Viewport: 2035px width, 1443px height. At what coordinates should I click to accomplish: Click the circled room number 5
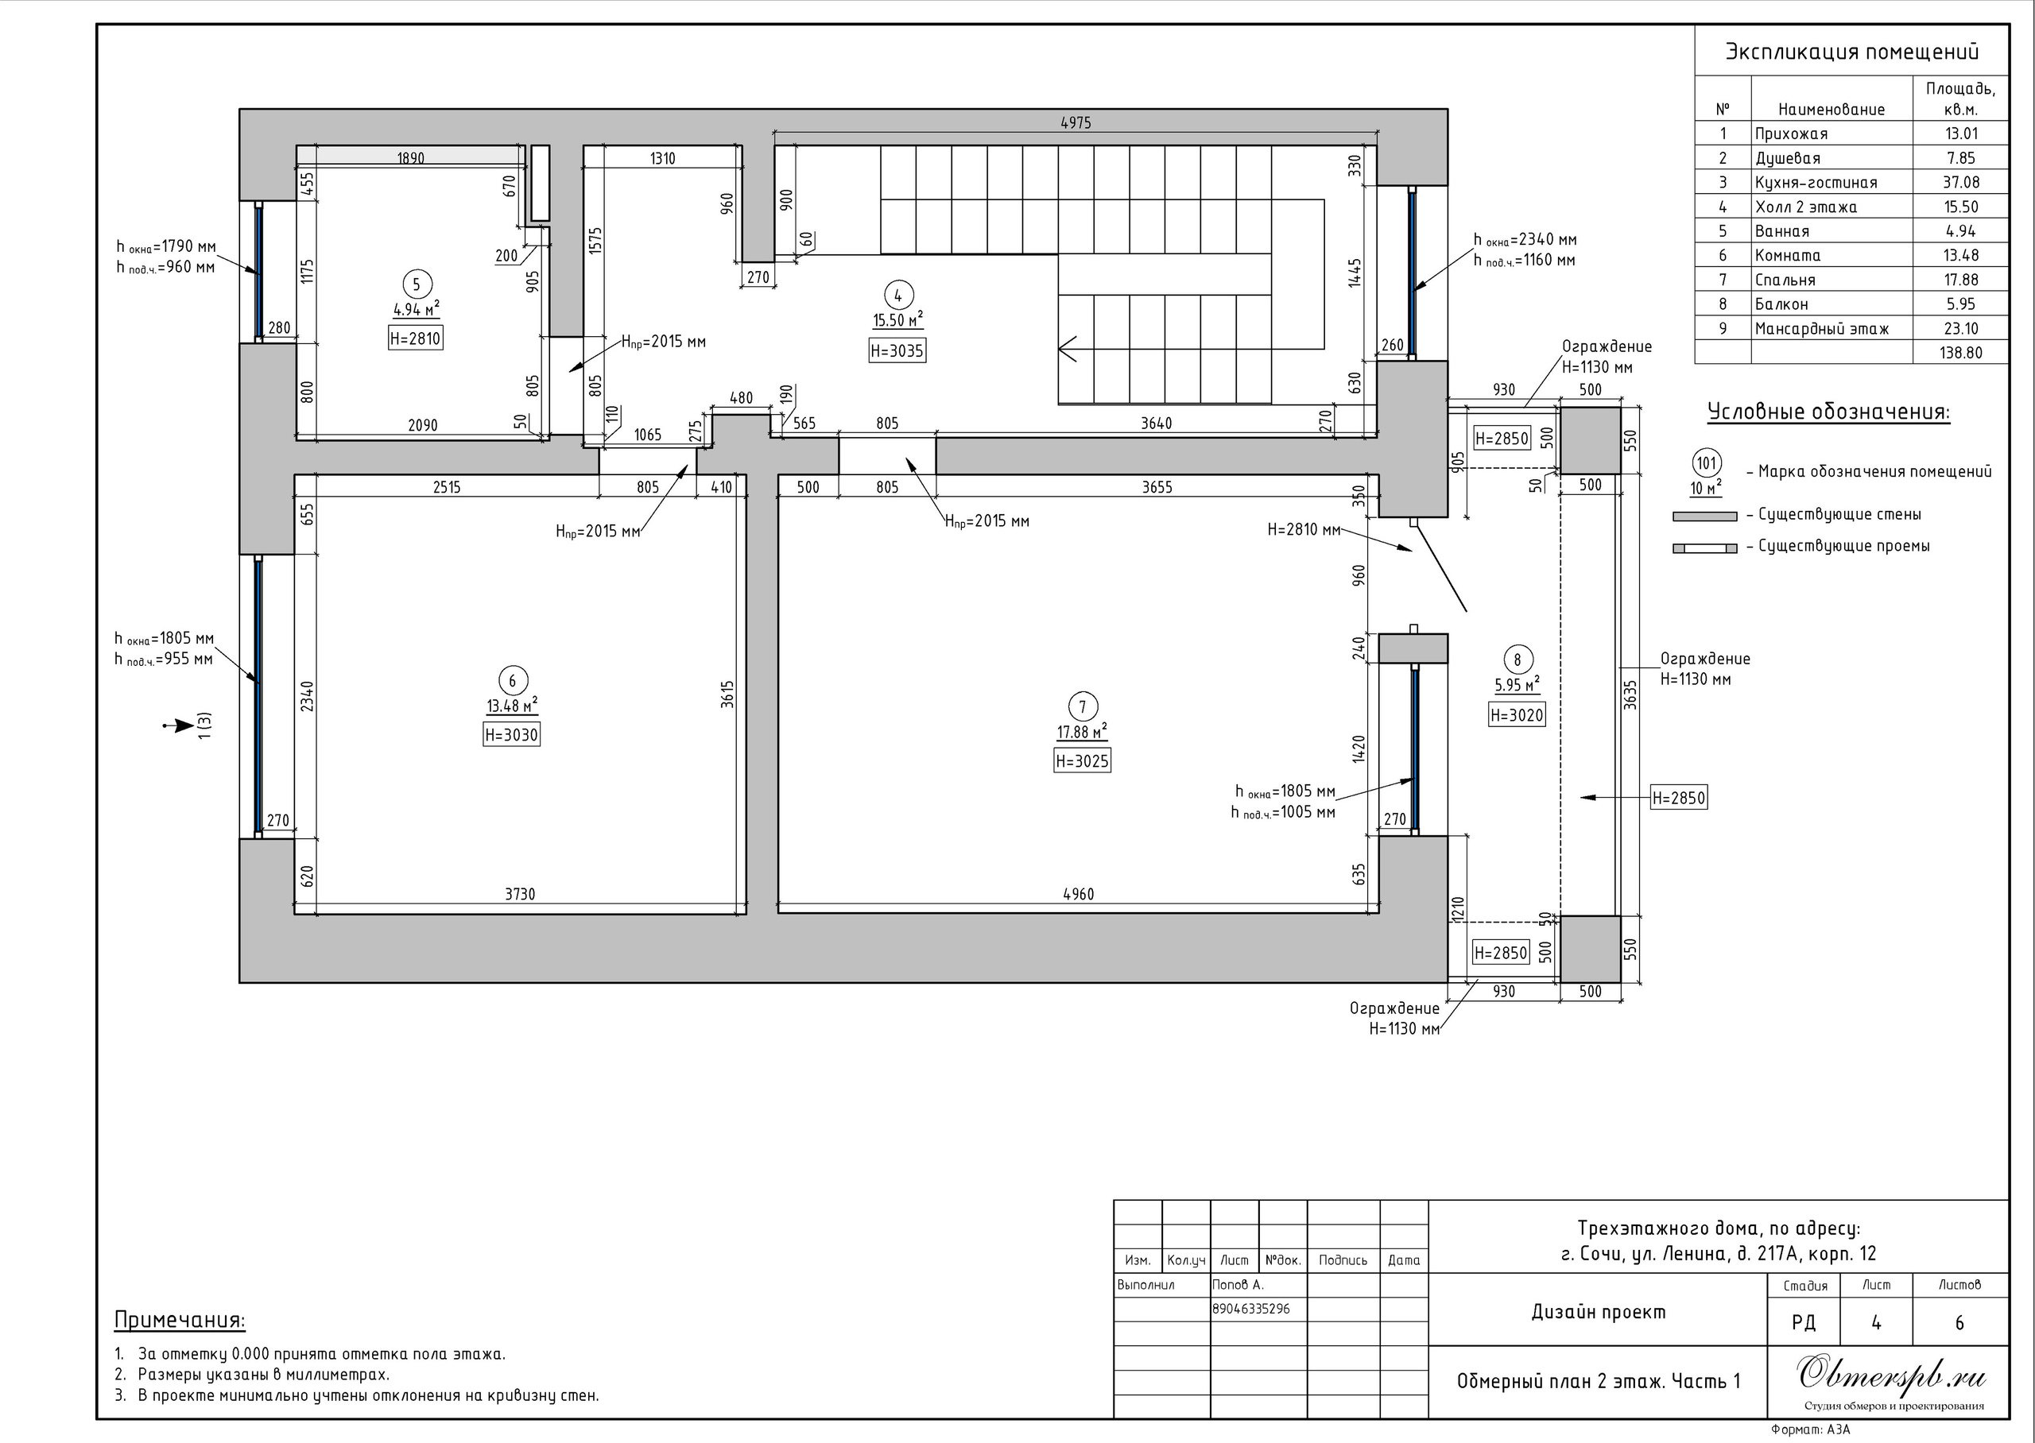[416, 285]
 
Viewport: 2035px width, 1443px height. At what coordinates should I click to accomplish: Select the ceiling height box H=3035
[897, 351]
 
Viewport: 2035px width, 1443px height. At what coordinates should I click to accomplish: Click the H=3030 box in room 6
[511, 735]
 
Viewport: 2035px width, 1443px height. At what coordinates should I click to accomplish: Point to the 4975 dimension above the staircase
[1076, 123]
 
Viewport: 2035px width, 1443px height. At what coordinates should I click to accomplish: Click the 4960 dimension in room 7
[1078, 895]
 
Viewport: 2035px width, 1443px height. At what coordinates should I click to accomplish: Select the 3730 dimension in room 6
[520, 895]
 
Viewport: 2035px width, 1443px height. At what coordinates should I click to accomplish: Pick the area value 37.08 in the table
[1960, 182]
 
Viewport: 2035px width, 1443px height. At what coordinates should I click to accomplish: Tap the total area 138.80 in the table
[1960, 353]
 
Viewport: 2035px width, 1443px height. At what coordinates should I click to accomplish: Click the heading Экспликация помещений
[1852, 52]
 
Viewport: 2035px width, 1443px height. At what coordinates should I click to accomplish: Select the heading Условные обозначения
[1829, 412]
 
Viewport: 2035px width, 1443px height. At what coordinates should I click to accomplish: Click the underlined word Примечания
[180, 1321]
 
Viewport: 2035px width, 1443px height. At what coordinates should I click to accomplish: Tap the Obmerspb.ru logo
[1892, 1375]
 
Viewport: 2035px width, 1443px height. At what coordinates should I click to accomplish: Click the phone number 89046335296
[1250, 1309]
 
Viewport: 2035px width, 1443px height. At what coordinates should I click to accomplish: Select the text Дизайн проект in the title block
[1598, 1313]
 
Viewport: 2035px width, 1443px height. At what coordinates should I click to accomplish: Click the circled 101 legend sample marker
[1706, 463]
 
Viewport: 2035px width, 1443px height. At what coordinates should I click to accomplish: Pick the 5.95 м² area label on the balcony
[1516, 685]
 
